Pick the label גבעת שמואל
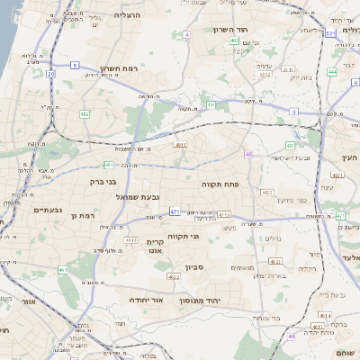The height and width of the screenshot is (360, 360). point(137,196)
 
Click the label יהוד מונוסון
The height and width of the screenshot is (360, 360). point(220,300)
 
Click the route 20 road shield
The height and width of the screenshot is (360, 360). point(51,74)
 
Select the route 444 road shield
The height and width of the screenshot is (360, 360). point(331,71)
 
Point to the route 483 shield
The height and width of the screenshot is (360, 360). point(267,192)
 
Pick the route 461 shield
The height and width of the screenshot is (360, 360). point(63,270)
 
